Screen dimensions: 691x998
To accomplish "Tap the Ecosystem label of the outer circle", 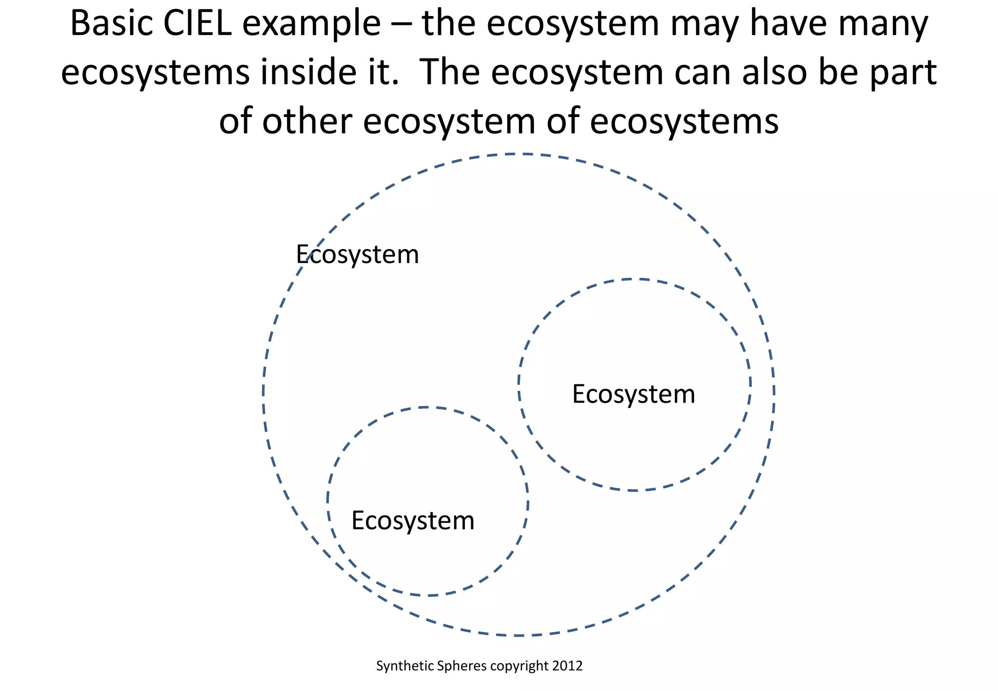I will pos(357,255).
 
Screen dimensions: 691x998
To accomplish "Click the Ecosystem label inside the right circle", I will pos(633,394).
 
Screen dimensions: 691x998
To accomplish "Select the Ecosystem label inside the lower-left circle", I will pos(413,521).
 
